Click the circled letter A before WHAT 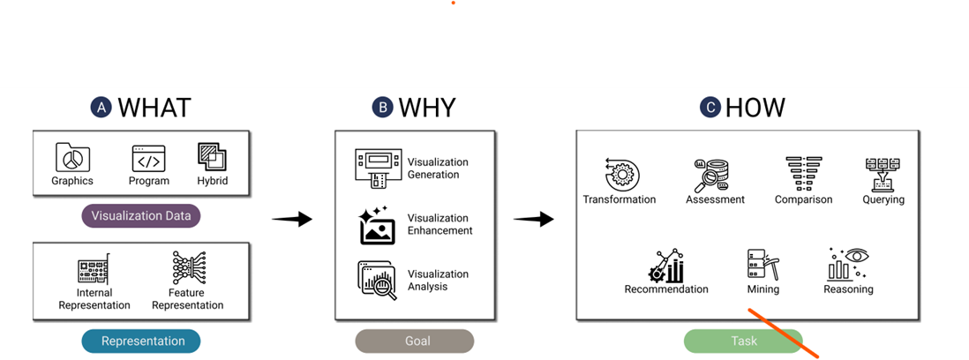pyautogui.click(x=101, y=108)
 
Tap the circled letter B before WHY pyautogui.click(x=382, y=108)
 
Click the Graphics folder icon pyautogui.click(x=72, y=158)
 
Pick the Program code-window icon pyautogui.click(x=148, y=158)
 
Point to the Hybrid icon pyautogui.click(x=212, y=157)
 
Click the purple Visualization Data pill pyautogui.click(x=140, y=215)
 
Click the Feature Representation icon pyautogui.click(x=187, y=267)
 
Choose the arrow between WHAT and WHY pyautogui.click(x=291, y=219)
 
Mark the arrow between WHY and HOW pyautogui.click(x=533, y=219)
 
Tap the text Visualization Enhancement pyautogui.click(x=439, y=224)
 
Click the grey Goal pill pyautogui.click(x=414, y=341)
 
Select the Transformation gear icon pyautogui.click(x=619, y=173)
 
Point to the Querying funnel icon pyautogui.click(x=883, y=174)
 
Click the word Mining pyautogui.click(x=763, y=289)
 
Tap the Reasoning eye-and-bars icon pyautogui.click(x=848, y=264)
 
